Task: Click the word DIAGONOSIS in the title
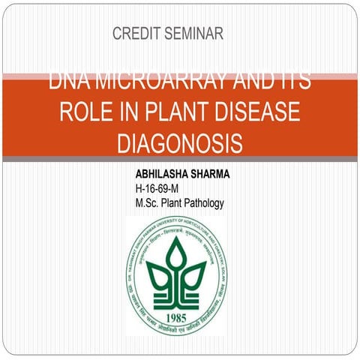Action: click(180, 142)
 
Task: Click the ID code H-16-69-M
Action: click(157, 188)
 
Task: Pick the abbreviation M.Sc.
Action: click(148, 202)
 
